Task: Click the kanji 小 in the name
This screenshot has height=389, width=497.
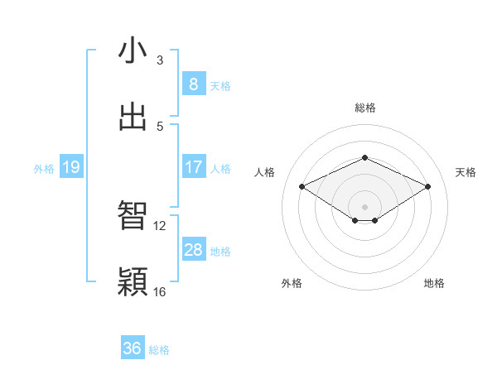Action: pos(133,50)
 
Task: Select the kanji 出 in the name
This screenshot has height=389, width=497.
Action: pos(133,117)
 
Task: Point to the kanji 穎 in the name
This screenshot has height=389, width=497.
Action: pos(133,282)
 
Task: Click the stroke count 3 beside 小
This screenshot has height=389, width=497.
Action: pos(160,60)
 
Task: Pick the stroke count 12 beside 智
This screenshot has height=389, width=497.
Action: pos(160,225)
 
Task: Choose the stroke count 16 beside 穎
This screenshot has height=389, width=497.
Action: pos(160,291)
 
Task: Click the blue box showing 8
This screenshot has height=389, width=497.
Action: pos(193,84)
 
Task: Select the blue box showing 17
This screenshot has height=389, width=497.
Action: pos(193,167)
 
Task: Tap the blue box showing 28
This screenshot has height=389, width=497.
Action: pos(193,250)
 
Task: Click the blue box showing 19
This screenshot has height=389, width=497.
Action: pos(70,168)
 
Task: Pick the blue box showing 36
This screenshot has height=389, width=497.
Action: pos(133,348)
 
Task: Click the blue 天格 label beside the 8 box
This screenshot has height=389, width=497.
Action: pos(220,85)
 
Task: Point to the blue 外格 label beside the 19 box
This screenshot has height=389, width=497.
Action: pos(44,169)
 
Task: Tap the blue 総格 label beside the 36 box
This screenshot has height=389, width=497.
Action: pos(159,350)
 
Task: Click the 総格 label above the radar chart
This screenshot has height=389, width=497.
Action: pos(364,108)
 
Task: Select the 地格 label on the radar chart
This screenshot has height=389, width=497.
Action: pos(434,284)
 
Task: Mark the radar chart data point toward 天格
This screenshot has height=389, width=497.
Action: pos(427,187)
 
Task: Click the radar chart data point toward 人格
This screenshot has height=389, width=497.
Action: pos(302,187)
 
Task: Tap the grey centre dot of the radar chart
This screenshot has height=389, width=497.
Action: pos(364,206)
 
